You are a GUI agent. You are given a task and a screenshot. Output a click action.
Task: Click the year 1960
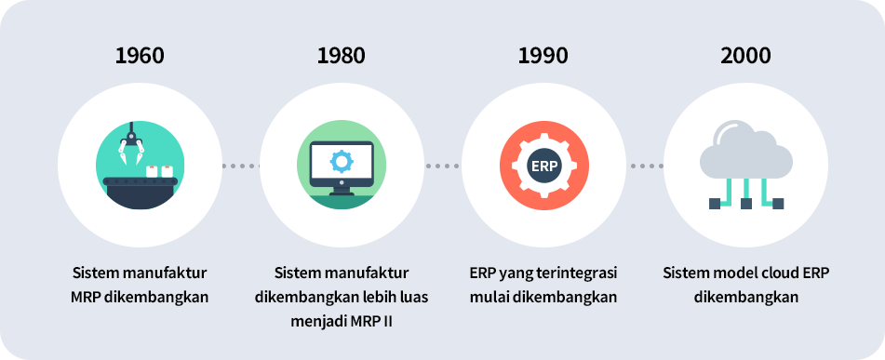140,55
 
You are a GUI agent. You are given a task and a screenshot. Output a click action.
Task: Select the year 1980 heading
342,55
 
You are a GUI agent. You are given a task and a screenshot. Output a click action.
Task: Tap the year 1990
543,55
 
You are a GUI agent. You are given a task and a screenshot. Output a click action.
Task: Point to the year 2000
745,55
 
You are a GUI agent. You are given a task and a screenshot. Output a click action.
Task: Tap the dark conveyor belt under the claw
139,191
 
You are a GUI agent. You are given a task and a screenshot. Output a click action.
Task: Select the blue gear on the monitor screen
342,161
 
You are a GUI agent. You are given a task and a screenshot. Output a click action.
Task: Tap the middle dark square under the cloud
745,203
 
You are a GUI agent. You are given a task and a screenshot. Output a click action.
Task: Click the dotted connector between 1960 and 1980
240,167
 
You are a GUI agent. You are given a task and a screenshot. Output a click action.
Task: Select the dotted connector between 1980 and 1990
443,167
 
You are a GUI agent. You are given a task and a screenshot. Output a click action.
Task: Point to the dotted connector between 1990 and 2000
645,167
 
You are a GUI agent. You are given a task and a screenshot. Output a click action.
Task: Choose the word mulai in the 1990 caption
489,298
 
